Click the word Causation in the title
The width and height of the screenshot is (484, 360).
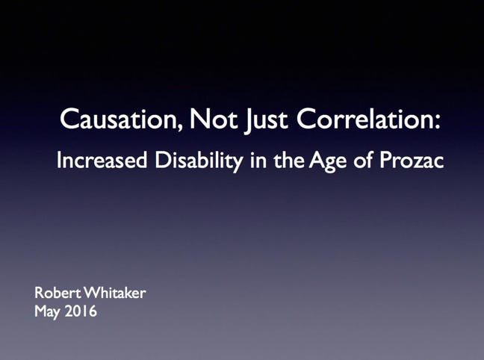[x=118, y=119]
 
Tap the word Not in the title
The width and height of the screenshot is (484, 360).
[x=214, y=119]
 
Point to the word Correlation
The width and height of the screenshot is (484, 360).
[x=363, y=118]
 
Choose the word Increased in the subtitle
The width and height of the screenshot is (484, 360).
[x=102, y=160]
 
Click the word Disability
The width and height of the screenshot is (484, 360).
[x=199, y=162]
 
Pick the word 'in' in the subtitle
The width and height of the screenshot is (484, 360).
[x=258, y=160]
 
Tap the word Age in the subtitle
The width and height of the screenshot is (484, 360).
[x=327, y=162]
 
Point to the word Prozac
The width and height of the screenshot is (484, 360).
[x=412, y=160]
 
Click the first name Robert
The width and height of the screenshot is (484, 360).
[x=58, y=292]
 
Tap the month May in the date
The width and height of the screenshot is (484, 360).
[x=46, y=312]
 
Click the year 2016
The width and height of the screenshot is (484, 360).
[x=81, y=311]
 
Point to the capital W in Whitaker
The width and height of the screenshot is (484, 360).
[x=93, y=293]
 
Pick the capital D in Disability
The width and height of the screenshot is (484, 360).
[x=163, y=160]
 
